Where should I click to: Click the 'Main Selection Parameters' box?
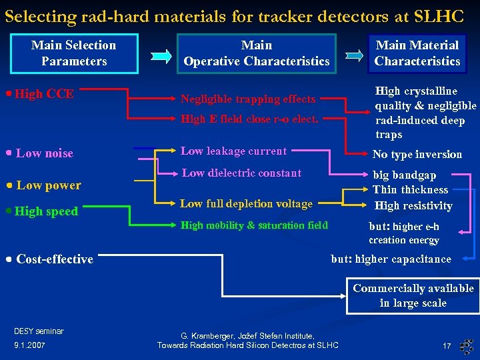73,53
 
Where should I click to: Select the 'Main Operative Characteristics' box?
256,53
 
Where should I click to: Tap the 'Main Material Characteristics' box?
417,53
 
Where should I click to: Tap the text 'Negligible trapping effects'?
248,99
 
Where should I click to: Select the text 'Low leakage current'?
233,151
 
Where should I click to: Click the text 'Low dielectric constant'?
241,173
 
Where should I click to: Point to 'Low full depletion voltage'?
246,204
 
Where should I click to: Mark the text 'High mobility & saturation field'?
254,225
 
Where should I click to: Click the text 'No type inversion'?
417,155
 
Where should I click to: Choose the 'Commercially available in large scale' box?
413,295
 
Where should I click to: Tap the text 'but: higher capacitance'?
391,259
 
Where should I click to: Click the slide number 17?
447,346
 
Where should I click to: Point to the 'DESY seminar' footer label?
39,331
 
